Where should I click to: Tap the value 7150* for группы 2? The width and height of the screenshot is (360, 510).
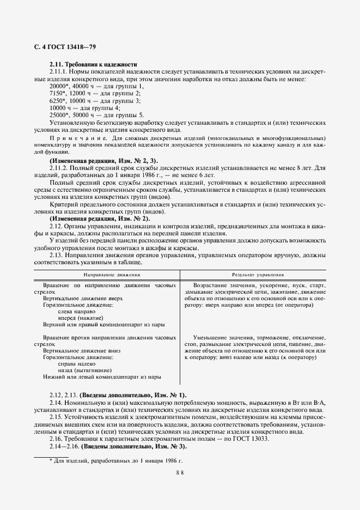[57, 94]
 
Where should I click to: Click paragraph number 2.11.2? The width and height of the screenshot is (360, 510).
[58, 168]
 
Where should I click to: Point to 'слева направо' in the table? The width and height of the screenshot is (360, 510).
[80, 312]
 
